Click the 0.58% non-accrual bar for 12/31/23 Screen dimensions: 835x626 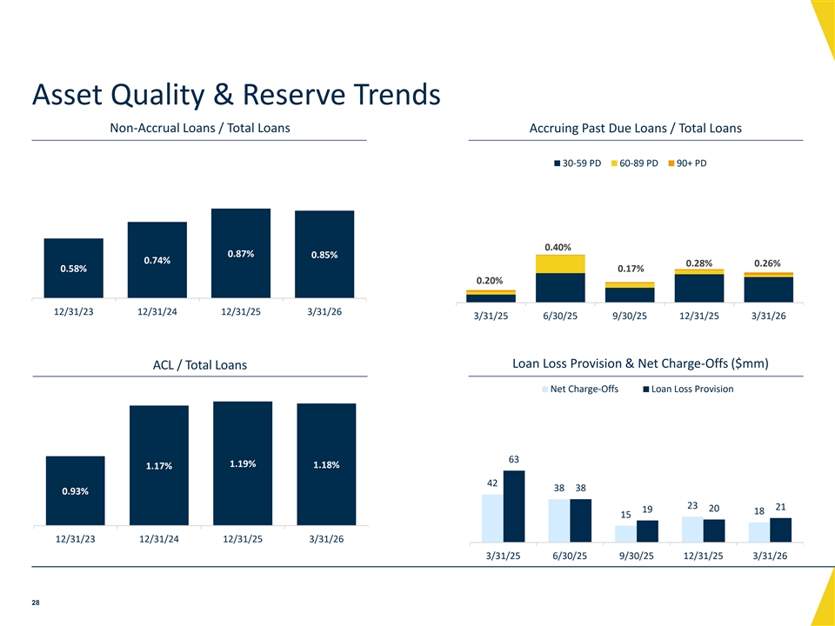(x=73, y=269)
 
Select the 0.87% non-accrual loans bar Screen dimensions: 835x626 (x=241, y=253)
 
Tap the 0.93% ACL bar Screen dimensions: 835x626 (x=75, y=490)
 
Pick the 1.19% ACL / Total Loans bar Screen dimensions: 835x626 (x=243, y=463)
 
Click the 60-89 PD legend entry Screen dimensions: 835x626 (x=634, y=163)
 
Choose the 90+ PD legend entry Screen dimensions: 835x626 (x=687, y=163)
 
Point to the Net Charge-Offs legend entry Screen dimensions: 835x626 (x=580, y=390)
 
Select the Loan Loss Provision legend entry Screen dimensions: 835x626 (x=688, y=390)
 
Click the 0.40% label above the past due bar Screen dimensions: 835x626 (x=558, y=248)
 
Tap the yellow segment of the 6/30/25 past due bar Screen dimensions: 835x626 (x=560, y=264)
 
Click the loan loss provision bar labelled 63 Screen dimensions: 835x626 (x=514, y=506)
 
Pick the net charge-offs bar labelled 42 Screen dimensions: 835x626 (x=492, y=518)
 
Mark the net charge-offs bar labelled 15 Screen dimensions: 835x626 (x=625, y=534)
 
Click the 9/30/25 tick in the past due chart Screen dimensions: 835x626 (x=630, y=316)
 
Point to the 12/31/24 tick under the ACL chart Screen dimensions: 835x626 (x=158, y=539)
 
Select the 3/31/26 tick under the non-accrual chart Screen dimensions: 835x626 (x=324, y=312)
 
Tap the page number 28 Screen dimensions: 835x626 (x=36, y=603)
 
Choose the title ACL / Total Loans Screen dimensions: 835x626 (x=200, y=365)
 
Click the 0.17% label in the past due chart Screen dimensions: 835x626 (x=631, y=269)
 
